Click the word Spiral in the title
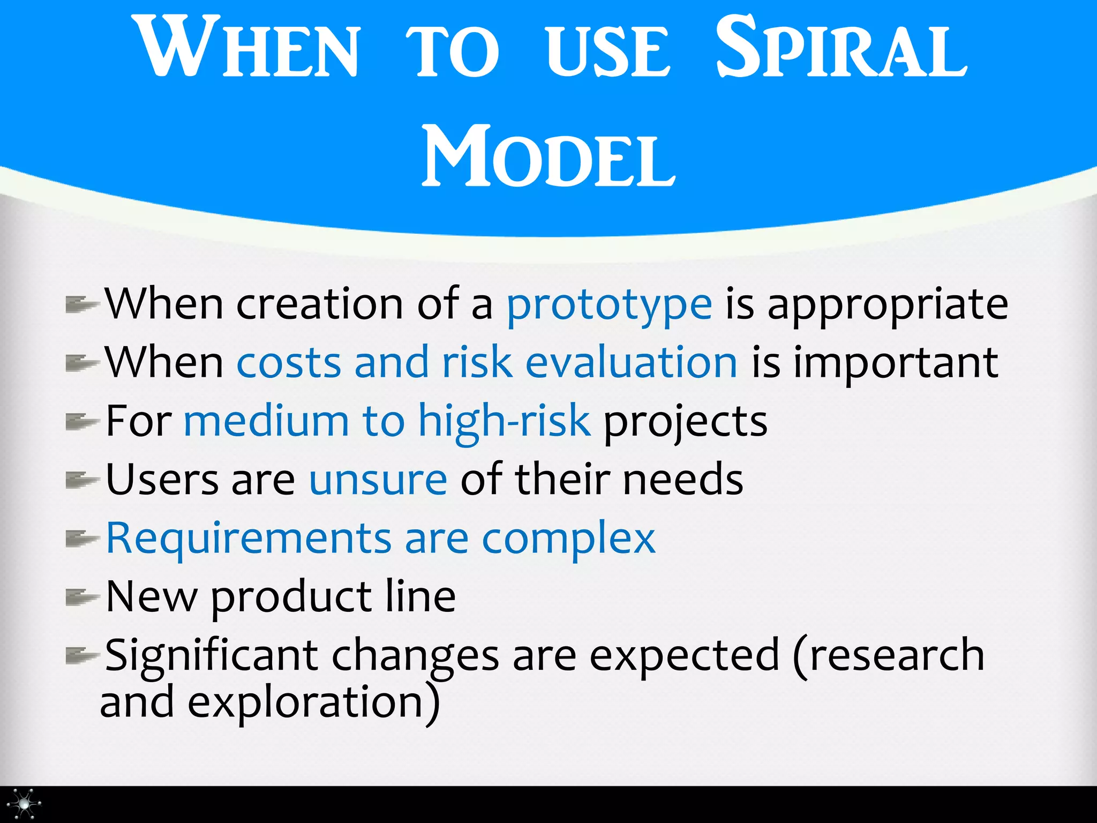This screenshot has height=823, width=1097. point(841,48)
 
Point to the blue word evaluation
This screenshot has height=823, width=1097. point(631,363)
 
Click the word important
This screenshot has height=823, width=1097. point(896,363)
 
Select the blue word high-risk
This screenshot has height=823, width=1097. point(504,421)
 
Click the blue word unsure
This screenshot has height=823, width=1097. point(378,480)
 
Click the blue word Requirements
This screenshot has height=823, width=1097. point(249,538)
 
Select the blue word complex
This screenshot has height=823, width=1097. point(568,538)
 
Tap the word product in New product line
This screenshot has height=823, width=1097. point(291,597)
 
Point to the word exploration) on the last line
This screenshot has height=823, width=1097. point(313,703)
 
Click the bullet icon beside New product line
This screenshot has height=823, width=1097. point(81,597)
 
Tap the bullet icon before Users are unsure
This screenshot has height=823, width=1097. point(81,480)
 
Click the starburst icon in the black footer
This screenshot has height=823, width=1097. point(24,804)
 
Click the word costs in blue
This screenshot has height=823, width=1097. point(289,363)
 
